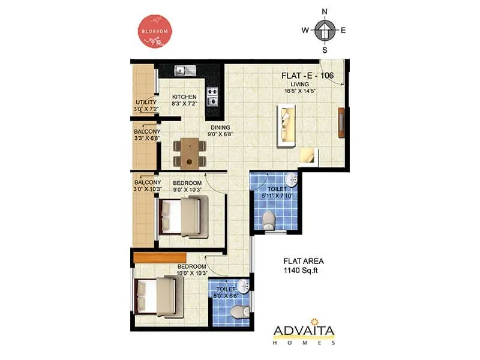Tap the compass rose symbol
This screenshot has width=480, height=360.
pos(324,29)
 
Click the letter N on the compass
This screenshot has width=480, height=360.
pos(325,11)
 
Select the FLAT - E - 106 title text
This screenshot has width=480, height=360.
pos(307,76)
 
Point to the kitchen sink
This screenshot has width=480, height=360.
pos(185,71)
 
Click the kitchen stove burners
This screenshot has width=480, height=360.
pos(212,93)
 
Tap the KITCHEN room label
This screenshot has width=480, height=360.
pos(184,97)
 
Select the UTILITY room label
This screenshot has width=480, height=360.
pos(146,103)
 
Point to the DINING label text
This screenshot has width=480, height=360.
pos(220,127)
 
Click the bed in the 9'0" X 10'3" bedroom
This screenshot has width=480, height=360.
pos(181,216)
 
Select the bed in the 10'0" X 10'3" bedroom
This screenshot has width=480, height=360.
pos(157,298)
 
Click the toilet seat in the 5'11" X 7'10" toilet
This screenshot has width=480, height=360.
pos(268,219)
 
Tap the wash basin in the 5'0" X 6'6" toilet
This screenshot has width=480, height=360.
pos(242,284)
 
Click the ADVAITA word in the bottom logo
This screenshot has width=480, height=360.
pos(304,331)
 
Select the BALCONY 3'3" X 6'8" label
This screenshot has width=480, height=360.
pos(147,134)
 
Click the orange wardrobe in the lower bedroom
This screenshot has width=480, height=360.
pos(157,257)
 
